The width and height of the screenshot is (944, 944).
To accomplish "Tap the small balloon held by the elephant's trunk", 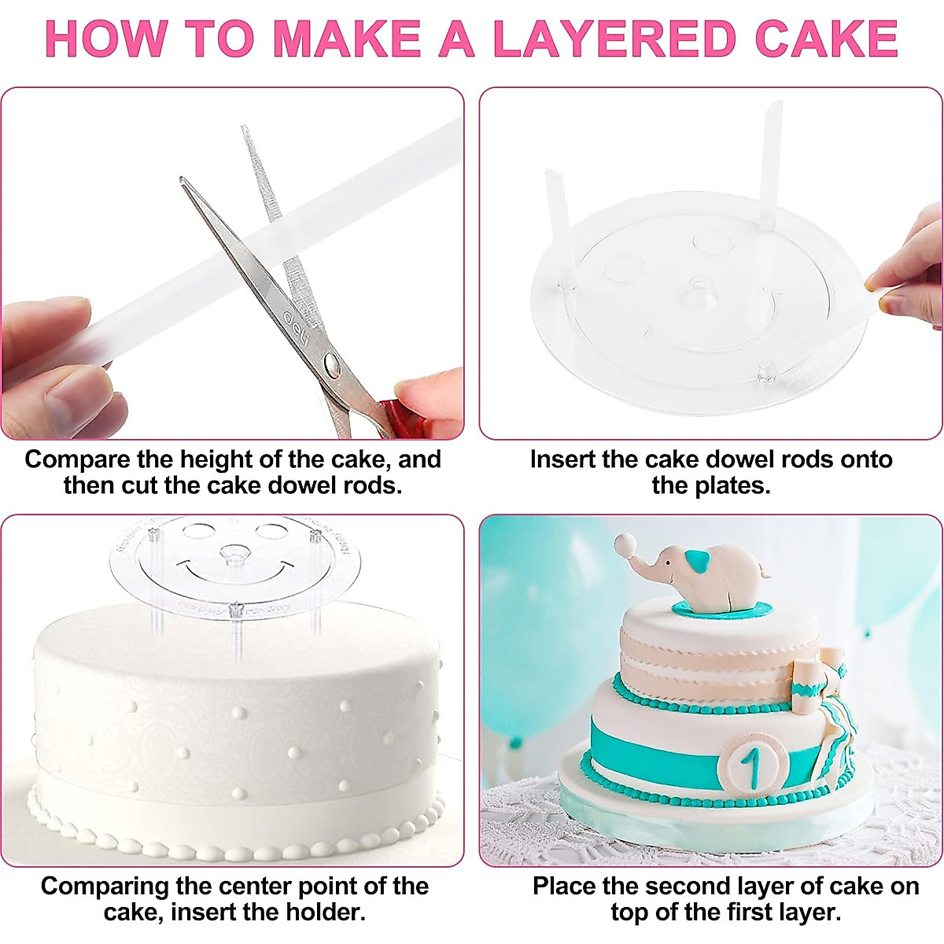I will click(625, 543).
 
